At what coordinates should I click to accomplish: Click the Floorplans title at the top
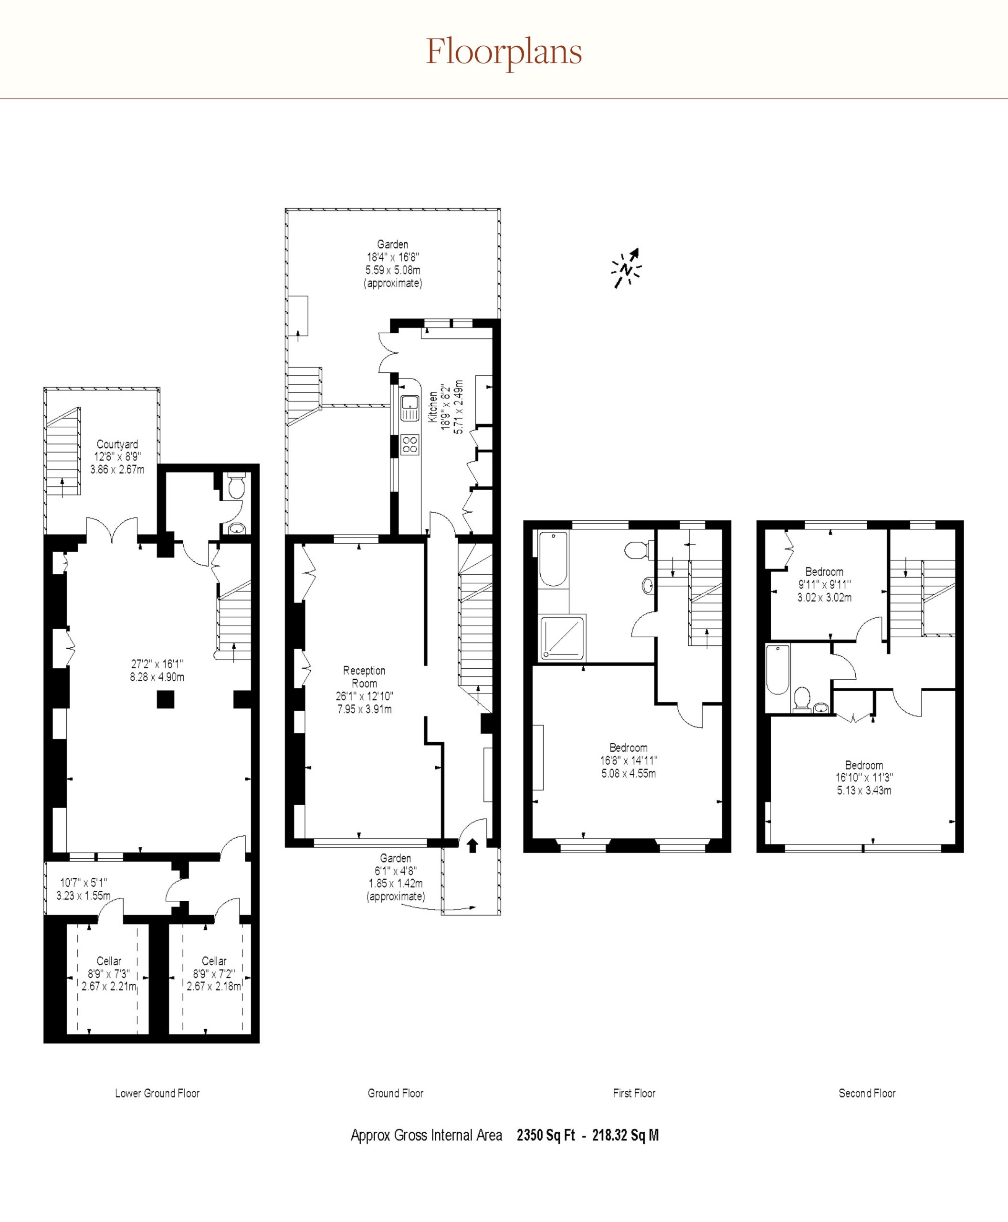[x=504, y=53]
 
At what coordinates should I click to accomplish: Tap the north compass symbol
[x=627, y=268]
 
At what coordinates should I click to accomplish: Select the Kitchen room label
[x=432, y=407]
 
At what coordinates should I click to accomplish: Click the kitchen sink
[x=410, y=407]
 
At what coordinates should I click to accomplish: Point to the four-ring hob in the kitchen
[x=410, y=444]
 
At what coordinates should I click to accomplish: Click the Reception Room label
[x=364, y=676]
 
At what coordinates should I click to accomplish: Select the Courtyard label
[x=117, y=444]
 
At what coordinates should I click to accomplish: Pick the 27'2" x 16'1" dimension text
[x=157, y=664]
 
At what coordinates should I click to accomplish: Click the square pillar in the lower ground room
[x=166, y=699]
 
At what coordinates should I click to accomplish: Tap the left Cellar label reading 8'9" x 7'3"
[x=109, y=973]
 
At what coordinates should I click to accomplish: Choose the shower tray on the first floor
[x=562, y=638]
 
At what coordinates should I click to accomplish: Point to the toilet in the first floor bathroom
[x=639, y=549]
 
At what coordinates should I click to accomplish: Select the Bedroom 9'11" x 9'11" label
[x=825, y=584]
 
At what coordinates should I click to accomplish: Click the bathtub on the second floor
[x=777, y=670]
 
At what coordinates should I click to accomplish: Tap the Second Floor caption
[x=867, y=1093]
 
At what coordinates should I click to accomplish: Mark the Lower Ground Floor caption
[x=157, y=1093]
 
